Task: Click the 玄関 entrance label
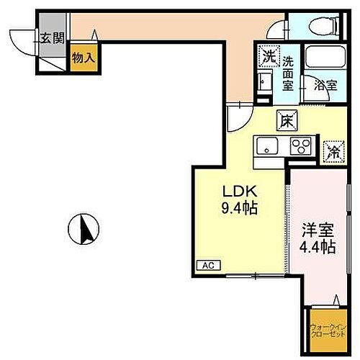[51, 37]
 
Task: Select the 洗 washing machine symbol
[268, 55]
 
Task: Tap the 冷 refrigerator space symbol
[333, 150]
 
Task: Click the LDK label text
[237, 192]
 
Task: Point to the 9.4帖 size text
[237, 210]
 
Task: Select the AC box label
[206, 265]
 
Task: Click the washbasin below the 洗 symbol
[264, 80]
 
